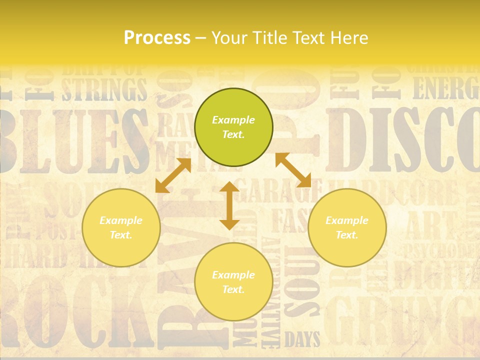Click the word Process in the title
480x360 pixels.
click(x=157, y=38)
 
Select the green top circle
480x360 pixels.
click(x=233, y=127)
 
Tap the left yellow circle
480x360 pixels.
click(x=121, y=228)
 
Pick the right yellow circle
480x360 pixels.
click(x=347, y=228)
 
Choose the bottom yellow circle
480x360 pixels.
click(x=233, y=282)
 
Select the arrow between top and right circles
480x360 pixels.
click(x=293, y=170)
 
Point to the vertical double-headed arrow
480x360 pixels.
click(x=229, y=206)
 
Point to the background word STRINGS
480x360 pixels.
click(x=105, y=90)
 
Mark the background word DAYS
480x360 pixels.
click(x=302, y=340)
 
